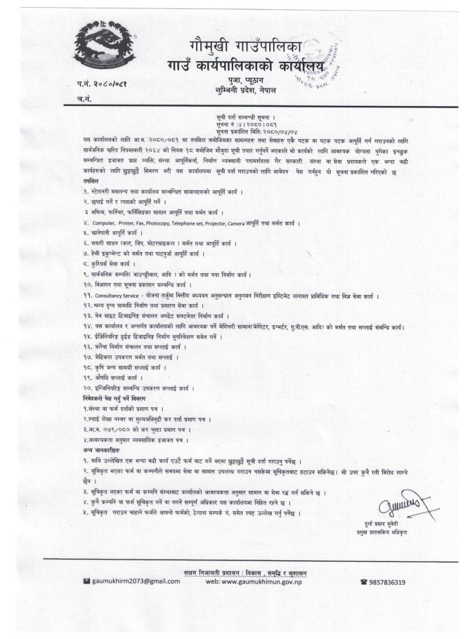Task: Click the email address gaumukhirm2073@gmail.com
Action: tap(132, 582)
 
